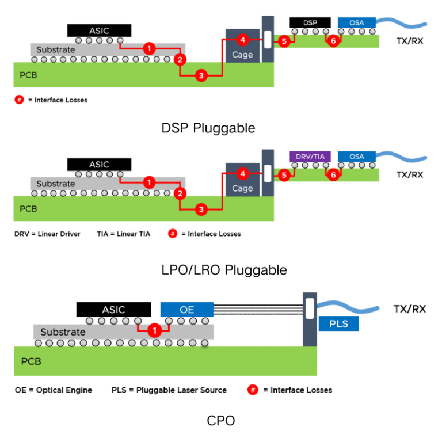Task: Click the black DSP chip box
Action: [x=310, y=22]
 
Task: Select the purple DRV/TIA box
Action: [x=310, y=157]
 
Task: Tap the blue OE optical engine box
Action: [x=187, y=310]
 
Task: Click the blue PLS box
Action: [x=338, y=323]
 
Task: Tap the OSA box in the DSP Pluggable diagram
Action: [x=357, y=22]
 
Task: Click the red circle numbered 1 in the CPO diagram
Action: [x=154, y=331]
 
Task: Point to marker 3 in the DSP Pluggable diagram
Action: [x=201, y=75]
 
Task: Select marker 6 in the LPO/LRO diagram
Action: [x=332, y=175]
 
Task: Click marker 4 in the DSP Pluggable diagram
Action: [x=242, y=40]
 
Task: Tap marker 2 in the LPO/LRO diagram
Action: [x=180, y=193]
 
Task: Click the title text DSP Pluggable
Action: [x=208, y=128]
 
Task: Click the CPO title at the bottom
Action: [x=220, y=421]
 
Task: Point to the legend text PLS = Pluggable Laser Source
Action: [x=169, y=390]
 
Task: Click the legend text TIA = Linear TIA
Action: [x=123, y=234]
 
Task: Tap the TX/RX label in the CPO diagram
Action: [x=409, y=309]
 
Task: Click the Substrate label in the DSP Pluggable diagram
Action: [x=56, y=50]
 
